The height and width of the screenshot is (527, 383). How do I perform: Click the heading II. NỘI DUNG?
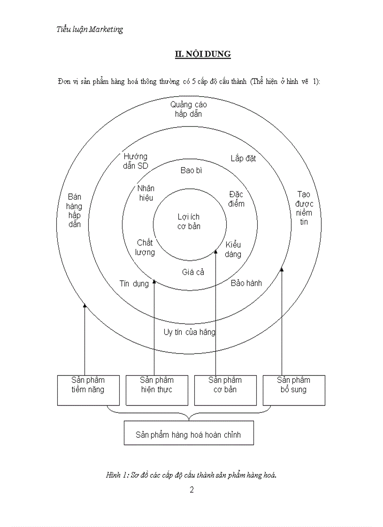tap(203, 54)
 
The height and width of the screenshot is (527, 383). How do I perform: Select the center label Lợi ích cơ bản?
tap(189, 221)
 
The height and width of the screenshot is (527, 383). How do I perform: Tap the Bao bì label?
tap(191, 170)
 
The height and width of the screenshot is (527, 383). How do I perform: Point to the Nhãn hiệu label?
tap(146, 193)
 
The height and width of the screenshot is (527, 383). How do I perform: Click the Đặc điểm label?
tap(237, 199)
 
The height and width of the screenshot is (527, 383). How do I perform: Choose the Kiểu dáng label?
tap(233, 249)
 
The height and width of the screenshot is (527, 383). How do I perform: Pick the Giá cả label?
tap(193, 272)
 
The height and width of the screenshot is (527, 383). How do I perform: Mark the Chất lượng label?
tap(145, 247)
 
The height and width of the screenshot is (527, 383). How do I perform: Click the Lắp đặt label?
tap(243, 158)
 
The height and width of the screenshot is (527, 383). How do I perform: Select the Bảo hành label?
tap(246, 283)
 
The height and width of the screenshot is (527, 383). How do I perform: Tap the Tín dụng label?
tap(134, 283)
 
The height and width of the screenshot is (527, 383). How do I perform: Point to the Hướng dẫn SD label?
tap(136, 161)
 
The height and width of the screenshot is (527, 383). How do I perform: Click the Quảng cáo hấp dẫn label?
tap(188, 109)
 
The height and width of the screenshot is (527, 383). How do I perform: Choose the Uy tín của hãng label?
tap(190, 332)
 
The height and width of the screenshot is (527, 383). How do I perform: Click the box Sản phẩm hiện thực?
tap(157, 390)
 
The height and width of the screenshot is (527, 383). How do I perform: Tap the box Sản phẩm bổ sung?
tap(294, 390)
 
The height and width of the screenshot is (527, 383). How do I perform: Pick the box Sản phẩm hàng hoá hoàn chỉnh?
tap(189, 433)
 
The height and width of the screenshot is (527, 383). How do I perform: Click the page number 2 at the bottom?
tap(191, 490)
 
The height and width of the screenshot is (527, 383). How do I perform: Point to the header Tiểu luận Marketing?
tap(90, 29)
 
